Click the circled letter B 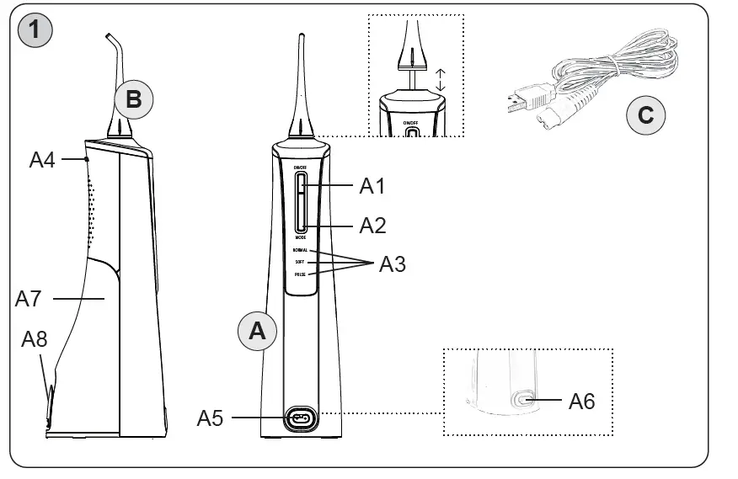[x=133, y=99]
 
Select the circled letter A [x=258, y=331]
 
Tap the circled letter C [x=645, y=114]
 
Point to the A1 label [x=373, y=186]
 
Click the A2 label [x=373, y=226]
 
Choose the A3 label [x=392, y=264]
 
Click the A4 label [x=42, y=159]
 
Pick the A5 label [x=211, y=418]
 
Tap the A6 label [x=581, y=402]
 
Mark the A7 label [x=29, y=298]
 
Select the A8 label [x=34, y=339]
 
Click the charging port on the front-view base [x=300, y=418]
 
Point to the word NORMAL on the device [x=301, y=251]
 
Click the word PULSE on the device [x=301, y=274]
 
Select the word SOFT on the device [x=301, y=263]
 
